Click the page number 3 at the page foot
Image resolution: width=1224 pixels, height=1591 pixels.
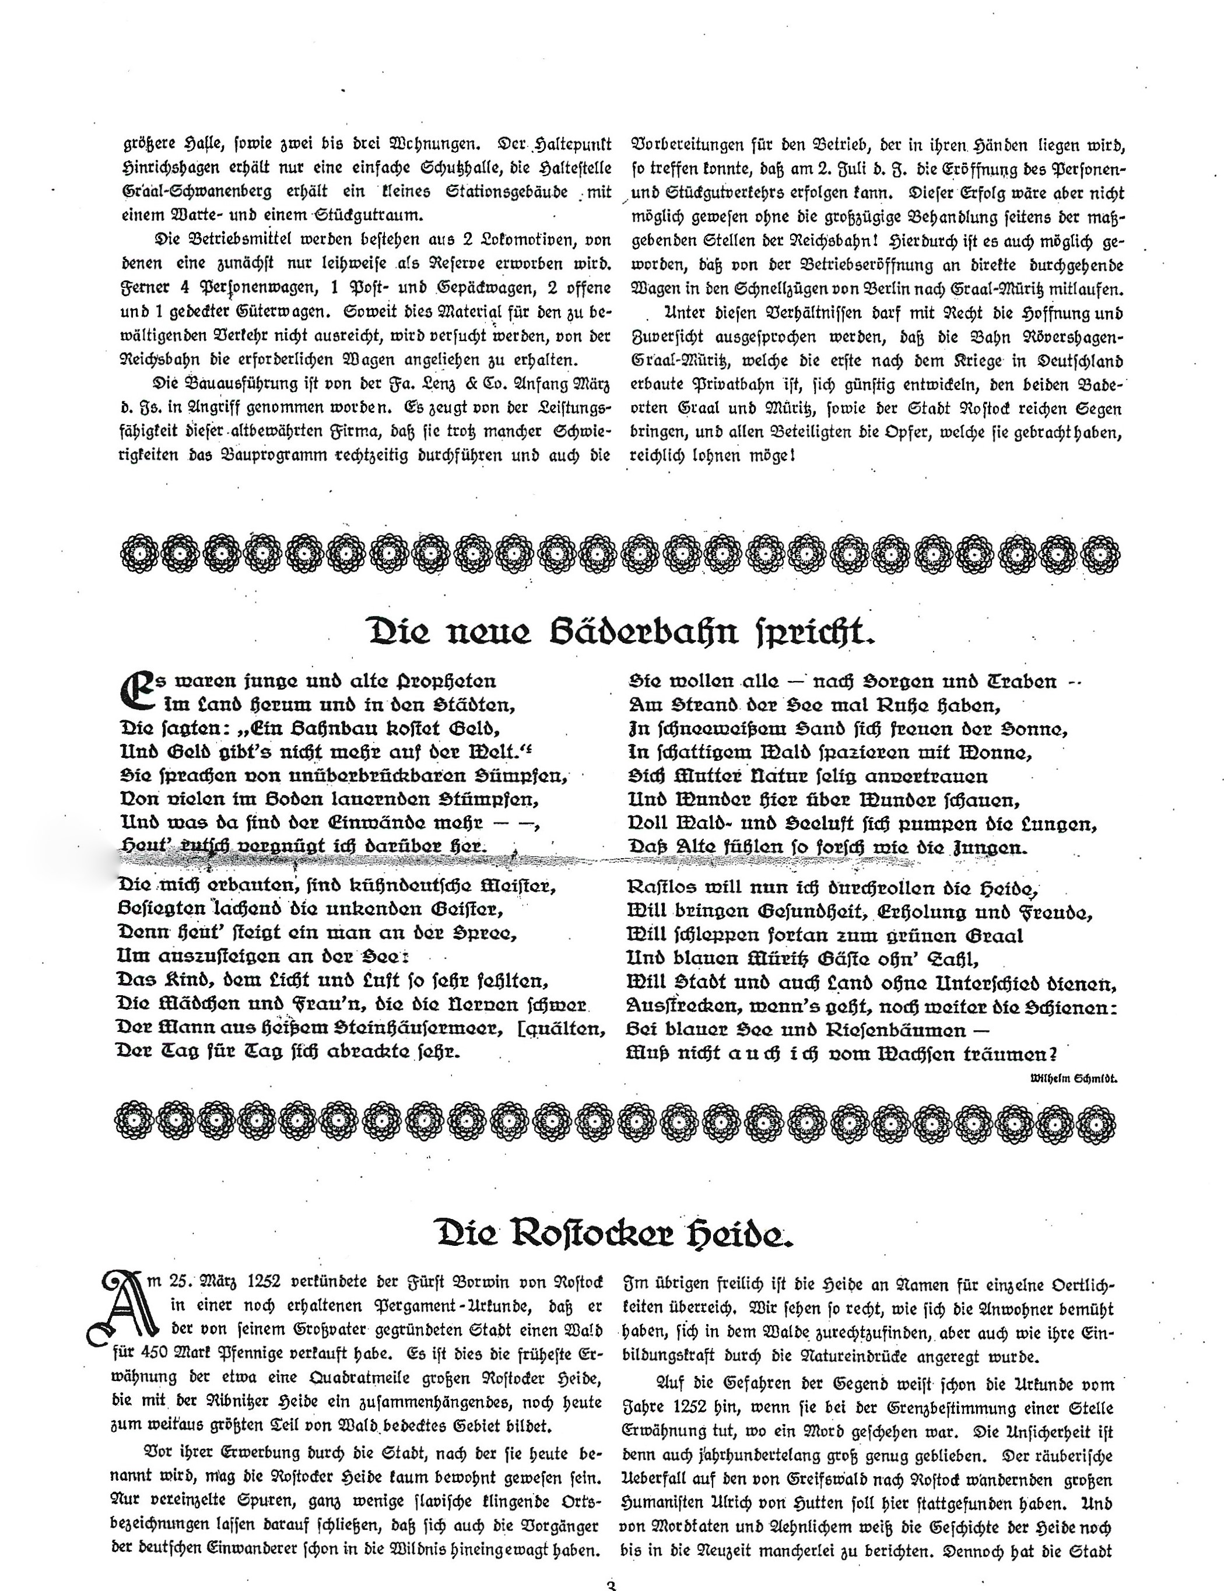pyautogui.click(x=611, y=1585)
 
